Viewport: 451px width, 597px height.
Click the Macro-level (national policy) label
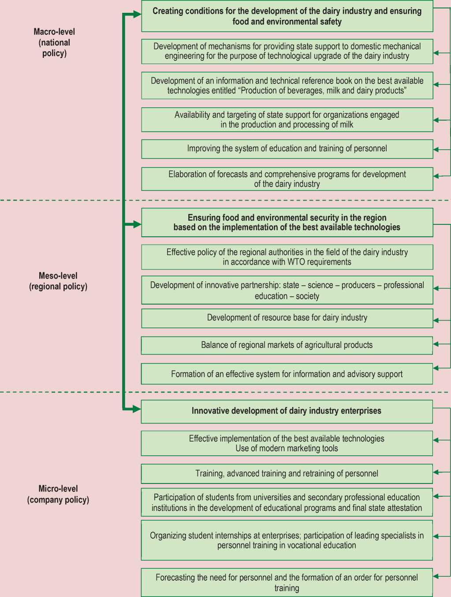pyautogui.click(x=54, y=42)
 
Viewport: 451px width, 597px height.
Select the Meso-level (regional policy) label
pyautogui.click(x=58, y=281)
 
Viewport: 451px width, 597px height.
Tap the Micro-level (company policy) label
pyautogui.click(x=58, y=494)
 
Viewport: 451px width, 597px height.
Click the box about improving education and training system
pyautogui.click(x=287, y=149)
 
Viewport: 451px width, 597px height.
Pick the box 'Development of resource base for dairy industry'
pyautogui.click(x=287, y=318)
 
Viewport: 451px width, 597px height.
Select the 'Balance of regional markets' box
pyautogui.click(x=287, y=345)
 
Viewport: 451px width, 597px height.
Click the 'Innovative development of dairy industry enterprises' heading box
pyautogui.click(x=287, y=411)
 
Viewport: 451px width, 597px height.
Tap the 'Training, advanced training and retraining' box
pyautogui.click(x=287, y=474)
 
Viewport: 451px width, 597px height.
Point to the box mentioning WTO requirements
pyautogui.click(x=287, y=257)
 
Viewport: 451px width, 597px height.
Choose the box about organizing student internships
pyautogui.click(x=287, y=540)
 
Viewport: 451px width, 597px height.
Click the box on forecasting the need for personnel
pyautogui.click(x=287, y=582)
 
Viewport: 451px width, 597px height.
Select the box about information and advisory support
pyautogui.click(x=287, y=374)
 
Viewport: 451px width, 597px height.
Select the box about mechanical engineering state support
pyautogui.click(x=287, y=51)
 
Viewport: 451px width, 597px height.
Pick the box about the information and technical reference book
pyautogui.click(x=287, y=86)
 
